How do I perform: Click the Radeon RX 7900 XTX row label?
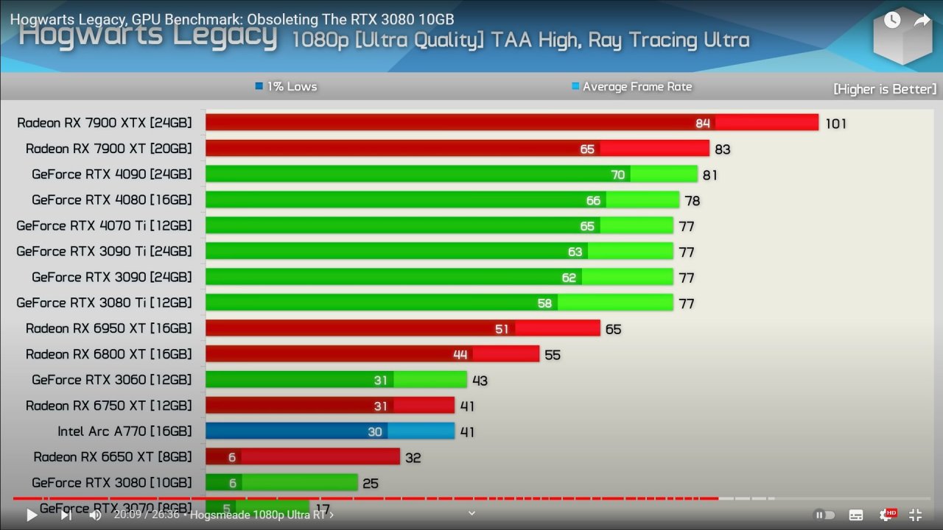104,123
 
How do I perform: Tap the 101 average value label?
835,124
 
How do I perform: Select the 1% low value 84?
703,123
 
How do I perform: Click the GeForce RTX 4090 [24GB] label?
111,174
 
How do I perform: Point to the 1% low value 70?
617,174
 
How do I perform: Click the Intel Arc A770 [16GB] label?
125,431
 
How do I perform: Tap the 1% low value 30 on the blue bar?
375,432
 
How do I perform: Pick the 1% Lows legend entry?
286,87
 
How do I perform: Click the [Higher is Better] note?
884,89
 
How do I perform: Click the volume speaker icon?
95,515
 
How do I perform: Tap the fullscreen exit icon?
915,515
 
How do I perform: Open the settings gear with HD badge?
886,515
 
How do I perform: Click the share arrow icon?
922,21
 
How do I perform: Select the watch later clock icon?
892,21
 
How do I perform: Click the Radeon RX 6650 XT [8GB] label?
112,457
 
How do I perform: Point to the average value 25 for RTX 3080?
371,484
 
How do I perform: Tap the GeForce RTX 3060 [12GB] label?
111,380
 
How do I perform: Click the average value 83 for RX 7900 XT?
722,149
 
